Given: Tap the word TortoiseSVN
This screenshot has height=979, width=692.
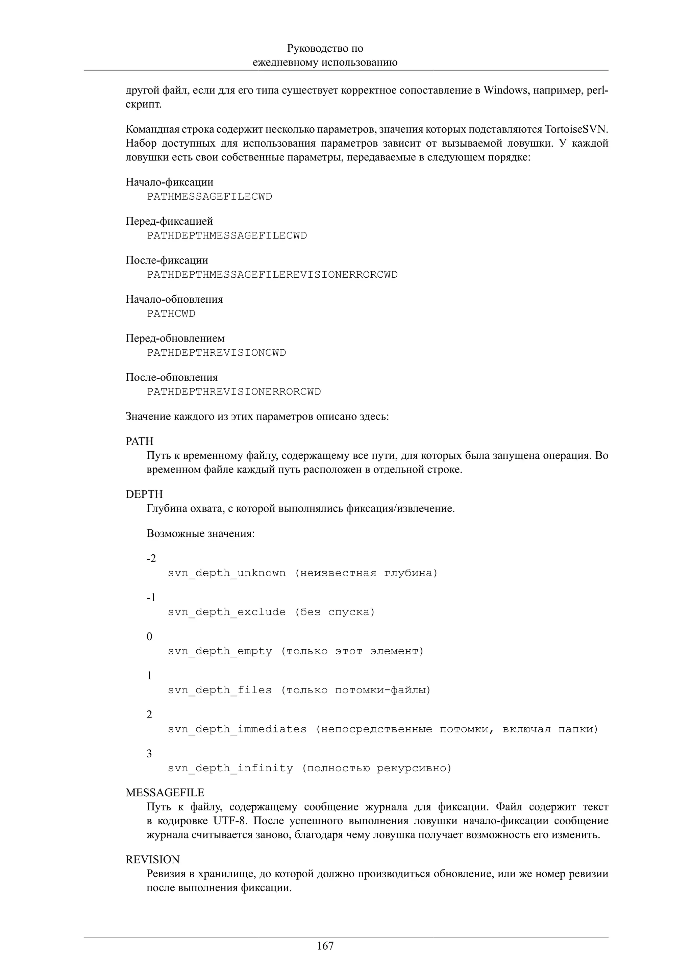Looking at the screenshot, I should point(576,129).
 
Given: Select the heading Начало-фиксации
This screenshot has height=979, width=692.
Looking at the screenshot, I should point(169,182).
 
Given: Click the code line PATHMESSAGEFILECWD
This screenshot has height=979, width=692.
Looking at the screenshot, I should point(209,197).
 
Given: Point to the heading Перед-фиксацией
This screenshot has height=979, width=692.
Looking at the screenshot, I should point(169,221).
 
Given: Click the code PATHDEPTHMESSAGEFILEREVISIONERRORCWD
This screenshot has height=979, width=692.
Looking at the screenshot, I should point(272,275).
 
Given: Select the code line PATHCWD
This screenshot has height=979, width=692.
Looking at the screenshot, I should point(171,314).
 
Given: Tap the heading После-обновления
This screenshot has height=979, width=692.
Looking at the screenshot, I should point(171,377).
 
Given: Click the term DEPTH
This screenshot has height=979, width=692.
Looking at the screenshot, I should point(144,494).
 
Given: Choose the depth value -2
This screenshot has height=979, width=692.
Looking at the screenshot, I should point(151,558).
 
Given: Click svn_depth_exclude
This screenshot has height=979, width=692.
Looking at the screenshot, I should point(226,612).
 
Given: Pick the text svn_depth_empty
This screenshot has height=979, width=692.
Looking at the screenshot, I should point(220,651).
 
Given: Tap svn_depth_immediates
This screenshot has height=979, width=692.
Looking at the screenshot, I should point(237,729).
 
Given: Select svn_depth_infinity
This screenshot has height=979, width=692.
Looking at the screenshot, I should point(230,768).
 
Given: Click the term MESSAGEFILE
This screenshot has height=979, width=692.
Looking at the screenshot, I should point(165,793).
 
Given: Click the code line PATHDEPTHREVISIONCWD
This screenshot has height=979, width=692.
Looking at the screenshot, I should point(216,353).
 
